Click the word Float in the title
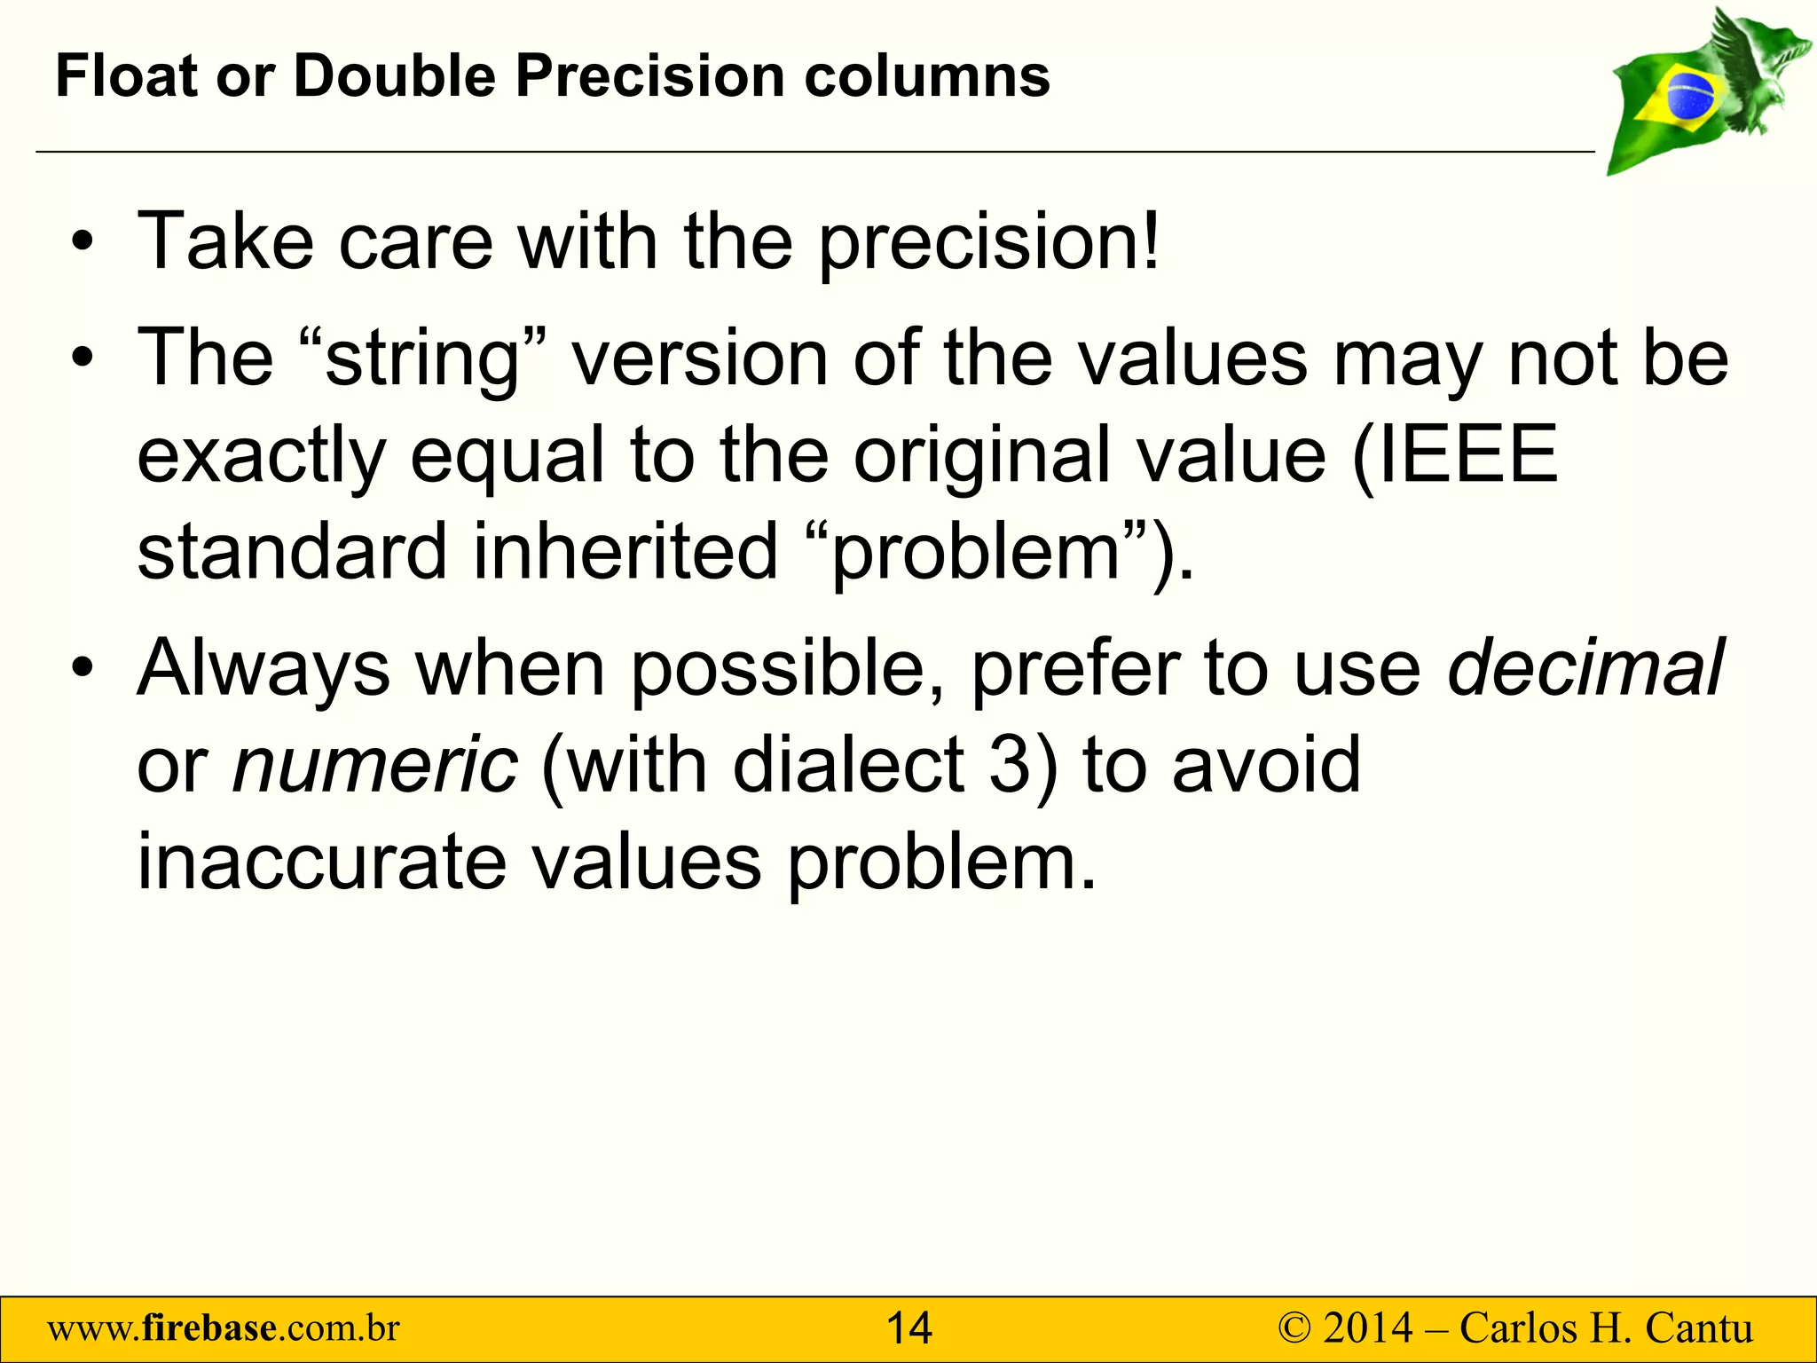click(126, 75)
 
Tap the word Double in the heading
click(394, 75)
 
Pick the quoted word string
click(422, 359)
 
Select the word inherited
click(625, 551)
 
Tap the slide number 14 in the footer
click(909, 1329)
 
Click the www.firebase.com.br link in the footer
click(224, 1329)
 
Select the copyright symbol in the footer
click(1294, 1329)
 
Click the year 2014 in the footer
click(1368, 1329)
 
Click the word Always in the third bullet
click(264, 669)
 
